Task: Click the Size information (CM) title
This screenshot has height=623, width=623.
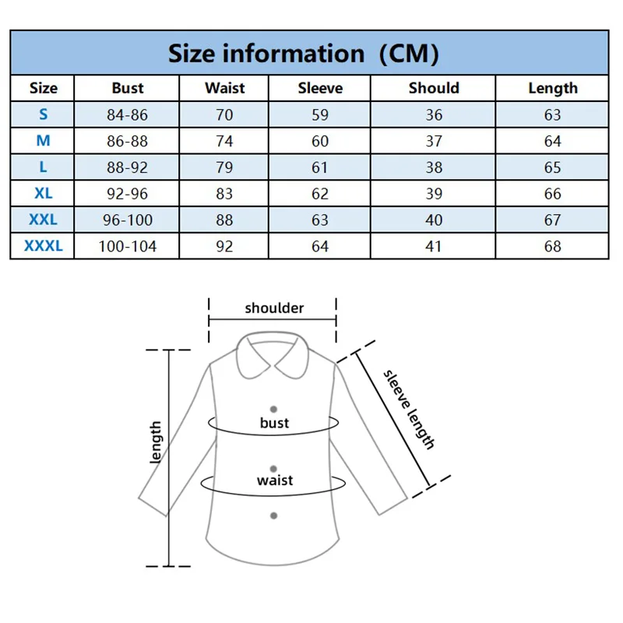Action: (x=304, y=54)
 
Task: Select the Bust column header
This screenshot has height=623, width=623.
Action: (x=128, y=88)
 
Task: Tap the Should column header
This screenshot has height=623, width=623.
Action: (x=434, y=88)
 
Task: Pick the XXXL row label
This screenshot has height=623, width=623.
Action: (x=44, y=246)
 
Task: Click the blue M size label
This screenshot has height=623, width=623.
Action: (x=44, y=141)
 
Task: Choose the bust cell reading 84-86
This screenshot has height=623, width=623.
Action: (x=128, y=115)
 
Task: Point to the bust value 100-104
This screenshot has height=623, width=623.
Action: (x=128, y=246)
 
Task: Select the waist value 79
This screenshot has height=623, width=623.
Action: (x=224, y=167)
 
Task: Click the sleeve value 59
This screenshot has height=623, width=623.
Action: (x=320, y=115)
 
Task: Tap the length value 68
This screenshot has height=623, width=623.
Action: (x=553, y=246)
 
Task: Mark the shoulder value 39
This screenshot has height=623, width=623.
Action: (x=434, y=194)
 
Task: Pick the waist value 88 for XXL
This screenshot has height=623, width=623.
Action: (x=224, y=220)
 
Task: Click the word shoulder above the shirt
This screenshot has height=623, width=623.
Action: (x=274, y=308)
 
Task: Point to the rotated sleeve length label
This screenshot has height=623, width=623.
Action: (x=409, y=409)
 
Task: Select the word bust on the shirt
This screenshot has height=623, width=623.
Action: (x=274, y=423)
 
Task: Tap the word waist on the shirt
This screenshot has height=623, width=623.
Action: (x=274, y=480)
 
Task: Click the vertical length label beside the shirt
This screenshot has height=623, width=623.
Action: (x=156, y=442)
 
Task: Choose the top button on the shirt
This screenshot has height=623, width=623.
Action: (x=274, y=409)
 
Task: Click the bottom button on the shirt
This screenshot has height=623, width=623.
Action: (x=274, y=516)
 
